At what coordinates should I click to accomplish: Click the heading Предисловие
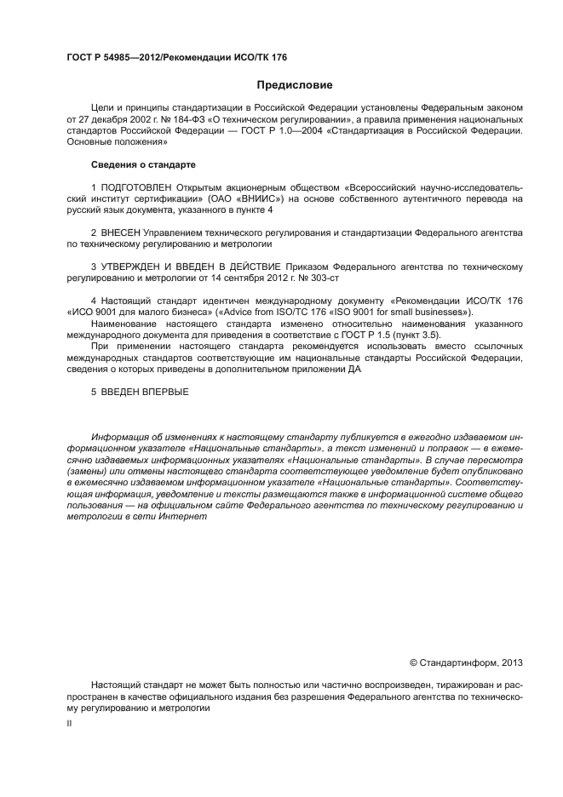pyautogui.click(x=295, y=85)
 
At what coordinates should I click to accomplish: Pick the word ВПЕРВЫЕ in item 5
pyautogui.click(x=161, y=393)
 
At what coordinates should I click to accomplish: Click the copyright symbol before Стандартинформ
pyautogui.click(x=413, y=662)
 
